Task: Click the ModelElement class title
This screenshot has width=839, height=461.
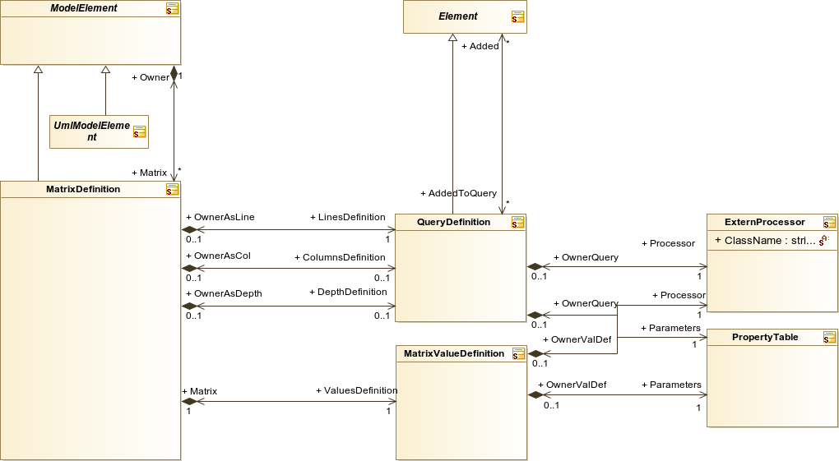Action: tap(83, 8)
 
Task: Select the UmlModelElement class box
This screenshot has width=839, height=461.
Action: tap(99, 131)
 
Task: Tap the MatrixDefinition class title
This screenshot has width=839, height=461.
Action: tap(83, 189)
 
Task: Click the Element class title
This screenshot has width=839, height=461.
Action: tap(458, 16)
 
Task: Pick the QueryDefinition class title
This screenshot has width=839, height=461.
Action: tap(453, 222)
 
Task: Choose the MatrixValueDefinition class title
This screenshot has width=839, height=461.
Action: tap(454, 353)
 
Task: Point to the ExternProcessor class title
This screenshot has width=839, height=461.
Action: tap(765, 222)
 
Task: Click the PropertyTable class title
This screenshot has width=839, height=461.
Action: tap(765, 337)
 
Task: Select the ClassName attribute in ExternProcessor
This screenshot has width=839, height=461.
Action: tap(765, 241)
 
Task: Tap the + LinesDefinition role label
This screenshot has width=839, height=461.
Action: tap(348, 217)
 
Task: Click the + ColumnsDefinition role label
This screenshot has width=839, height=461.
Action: tap(340, 257)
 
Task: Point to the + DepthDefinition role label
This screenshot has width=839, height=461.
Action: tap(348, 292)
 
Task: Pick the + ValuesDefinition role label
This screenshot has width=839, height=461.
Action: tap(356, 390)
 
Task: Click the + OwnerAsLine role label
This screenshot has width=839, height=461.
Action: tap(220, 217)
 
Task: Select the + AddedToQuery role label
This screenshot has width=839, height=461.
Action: tap(458, 193)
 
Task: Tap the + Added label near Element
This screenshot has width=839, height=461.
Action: tap(480, 46)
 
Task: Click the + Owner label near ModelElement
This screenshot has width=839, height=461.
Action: tap(151, 77)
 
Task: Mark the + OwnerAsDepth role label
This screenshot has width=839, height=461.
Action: tap(224, 293)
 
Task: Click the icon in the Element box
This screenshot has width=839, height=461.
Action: tap(517, 16)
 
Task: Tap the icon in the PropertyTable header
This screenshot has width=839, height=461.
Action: tap(829, 337)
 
